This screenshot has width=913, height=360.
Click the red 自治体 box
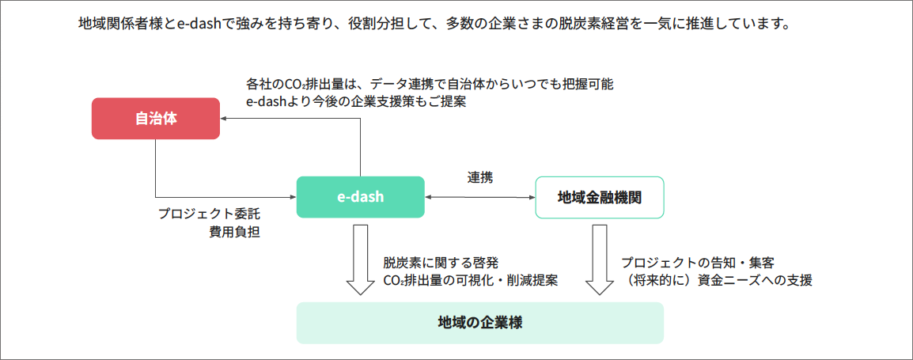(156, 119)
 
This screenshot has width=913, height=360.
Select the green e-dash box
(361, 197)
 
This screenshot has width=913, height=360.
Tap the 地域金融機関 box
(599, 197)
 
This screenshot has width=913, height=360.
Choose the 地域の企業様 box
(479, 323)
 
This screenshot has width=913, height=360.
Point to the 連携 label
(479, 178)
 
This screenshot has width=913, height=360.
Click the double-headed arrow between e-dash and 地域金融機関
(479, 198)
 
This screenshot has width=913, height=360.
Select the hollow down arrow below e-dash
(361, 260)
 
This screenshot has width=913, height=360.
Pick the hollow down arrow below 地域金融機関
(599, 260)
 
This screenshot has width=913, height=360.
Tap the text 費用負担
(235, 232)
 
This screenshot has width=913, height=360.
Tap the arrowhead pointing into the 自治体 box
(224, 118)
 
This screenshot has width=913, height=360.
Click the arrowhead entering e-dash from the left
(293, 198)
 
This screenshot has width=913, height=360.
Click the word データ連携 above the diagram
(419, 83)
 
